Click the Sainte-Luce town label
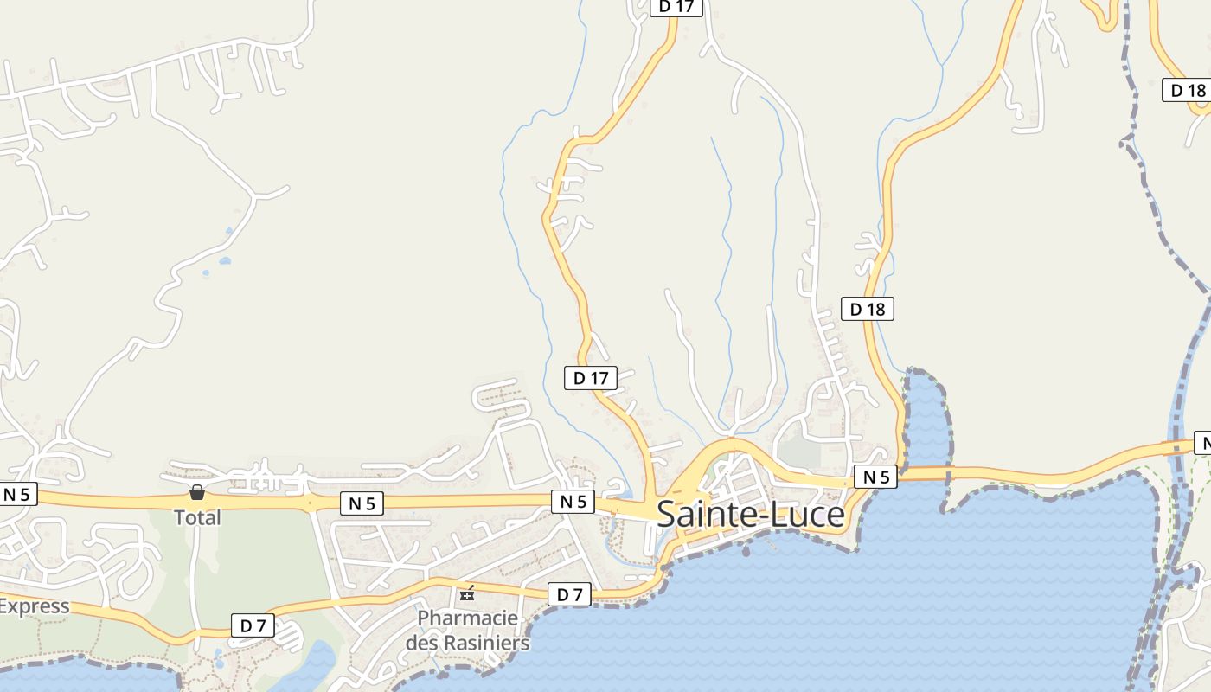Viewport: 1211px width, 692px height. click(750, 514)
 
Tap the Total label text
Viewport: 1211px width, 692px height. click(197, 517)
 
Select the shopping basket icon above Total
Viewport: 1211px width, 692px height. click(197, 493)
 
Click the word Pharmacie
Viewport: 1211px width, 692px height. click(468, 618)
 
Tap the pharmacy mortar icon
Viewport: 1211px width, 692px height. click(468, 593)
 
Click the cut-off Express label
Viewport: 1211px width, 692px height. click(33, 605)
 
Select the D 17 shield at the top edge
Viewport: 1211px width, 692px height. click(676, 7)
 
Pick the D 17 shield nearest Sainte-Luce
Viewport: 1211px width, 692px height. click(591, 378)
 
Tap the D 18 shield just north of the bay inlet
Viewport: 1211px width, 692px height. click(867, 309)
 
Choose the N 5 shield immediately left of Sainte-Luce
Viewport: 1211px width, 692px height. click(573, 502)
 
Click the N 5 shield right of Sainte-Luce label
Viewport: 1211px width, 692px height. click(875, 477)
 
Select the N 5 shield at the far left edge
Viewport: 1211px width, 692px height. click(17, 495)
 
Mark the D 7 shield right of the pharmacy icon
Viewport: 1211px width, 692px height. click(569, 594)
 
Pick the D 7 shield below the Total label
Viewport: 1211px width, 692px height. click(253, 625)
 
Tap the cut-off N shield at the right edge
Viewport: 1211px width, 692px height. click(1201, 443)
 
